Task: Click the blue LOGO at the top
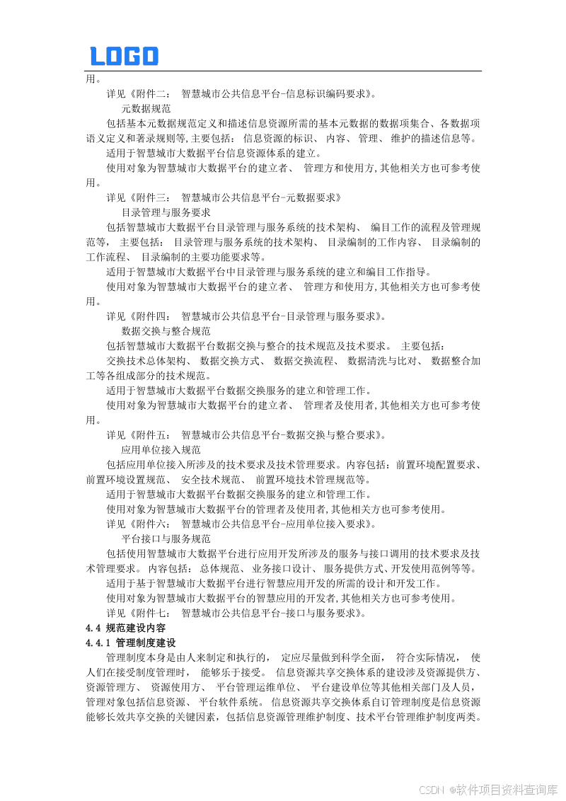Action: point(124,56)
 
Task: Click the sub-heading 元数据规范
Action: point(146,108)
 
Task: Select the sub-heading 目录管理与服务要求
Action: point(166,212)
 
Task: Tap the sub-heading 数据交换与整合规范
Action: point(166,330)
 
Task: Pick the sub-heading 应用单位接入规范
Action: point(161,449)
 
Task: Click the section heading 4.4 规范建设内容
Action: point(125,628)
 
